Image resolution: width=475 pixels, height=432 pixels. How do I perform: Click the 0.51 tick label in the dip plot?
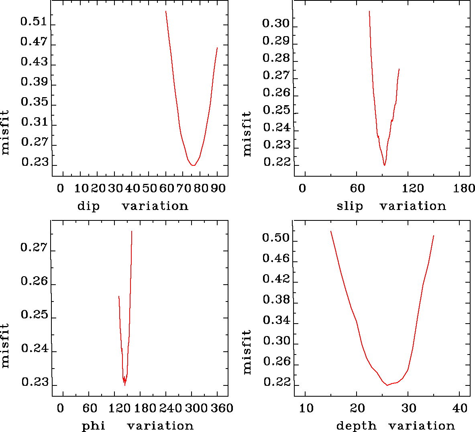tap(34, 21)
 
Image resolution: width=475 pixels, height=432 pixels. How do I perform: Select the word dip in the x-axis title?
tap(88, 206)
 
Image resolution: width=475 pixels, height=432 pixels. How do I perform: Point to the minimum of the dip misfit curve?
tap(194, 165)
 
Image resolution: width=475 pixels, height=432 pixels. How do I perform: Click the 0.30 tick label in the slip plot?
tap(276, 23)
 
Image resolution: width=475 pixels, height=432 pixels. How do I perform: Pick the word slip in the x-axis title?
tap(350, 206)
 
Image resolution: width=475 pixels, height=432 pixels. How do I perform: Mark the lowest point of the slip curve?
tap(384, 165)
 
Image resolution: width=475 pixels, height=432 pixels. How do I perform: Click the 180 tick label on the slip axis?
tap(464, 188)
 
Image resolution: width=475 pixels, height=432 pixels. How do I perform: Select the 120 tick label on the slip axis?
tap(413, 188)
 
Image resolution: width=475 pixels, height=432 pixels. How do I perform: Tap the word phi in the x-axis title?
tap(94, 426)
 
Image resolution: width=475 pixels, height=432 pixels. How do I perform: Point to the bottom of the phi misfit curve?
tap(125, 385)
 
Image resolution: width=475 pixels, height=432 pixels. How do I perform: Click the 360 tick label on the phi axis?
tap(222, 408)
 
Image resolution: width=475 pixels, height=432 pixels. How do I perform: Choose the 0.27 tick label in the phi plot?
tap(34, 248)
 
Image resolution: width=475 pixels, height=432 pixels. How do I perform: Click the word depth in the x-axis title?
tap(356, 426)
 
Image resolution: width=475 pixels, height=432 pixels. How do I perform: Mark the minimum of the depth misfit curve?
tap(387, 385)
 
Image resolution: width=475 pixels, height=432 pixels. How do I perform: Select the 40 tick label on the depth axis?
tap(460, 408)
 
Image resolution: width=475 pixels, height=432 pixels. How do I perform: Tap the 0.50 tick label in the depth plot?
tap(276, 238)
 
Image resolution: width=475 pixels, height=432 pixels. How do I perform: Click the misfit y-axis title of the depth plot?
tap(247, 352)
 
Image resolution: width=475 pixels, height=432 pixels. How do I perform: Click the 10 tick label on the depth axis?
tap(306, 408)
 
